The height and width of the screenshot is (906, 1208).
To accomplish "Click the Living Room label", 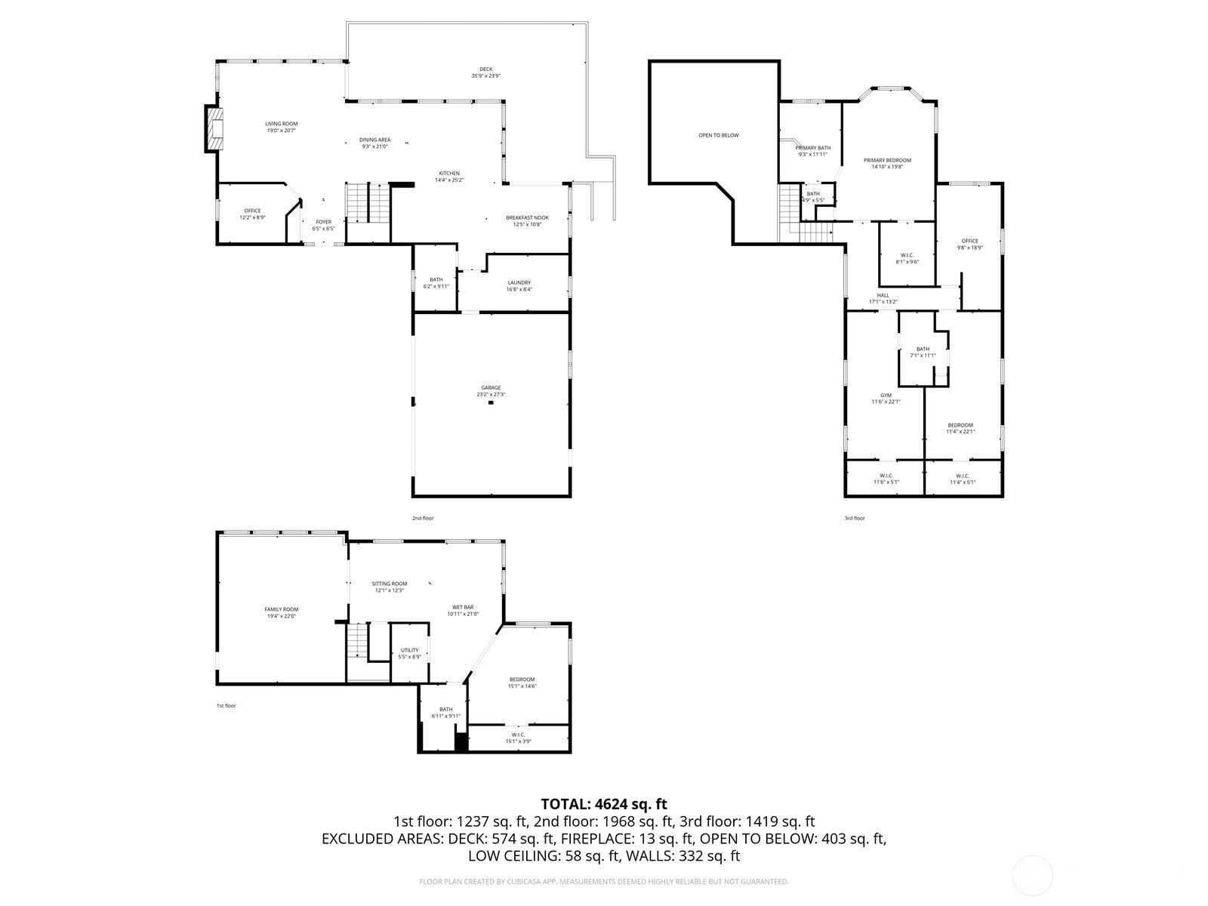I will click(281, 124).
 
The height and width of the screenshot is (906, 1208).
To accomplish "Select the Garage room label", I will click(492, 388).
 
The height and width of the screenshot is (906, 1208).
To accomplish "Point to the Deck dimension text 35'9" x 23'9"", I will click(485, 76).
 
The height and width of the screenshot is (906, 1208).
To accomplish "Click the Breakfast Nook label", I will click(527, 217).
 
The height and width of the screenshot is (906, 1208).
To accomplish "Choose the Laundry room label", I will click(519, 282).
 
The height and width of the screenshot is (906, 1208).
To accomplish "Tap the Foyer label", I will click(323, 222).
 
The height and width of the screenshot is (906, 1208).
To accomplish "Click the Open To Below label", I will click(718, 135).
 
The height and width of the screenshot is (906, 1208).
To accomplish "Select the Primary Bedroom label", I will click(887, 160).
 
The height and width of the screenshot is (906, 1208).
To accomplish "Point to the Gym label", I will click(886, 395).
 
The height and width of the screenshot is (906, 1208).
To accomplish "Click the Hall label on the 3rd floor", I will click(883, 295).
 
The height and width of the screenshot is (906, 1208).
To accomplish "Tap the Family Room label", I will click(281, 609).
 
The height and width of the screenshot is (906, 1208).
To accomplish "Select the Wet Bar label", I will click(463, 607).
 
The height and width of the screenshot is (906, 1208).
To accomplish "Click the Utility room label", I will click(409, 650).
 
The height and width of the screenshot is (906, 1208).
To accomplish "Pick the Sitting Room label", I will click(389, 584).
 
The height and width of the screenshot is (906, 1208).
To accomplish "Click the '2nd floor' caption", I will click(423, 518).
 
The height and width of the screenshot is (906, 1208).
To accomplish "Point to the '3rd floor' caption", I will click(854, 518).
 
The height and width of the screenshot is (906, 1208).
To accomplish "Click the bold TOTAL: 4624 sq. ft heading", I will click(603, 804).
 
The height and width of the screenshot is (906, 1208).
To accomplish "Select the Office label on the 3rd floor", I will click(969, 241).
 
